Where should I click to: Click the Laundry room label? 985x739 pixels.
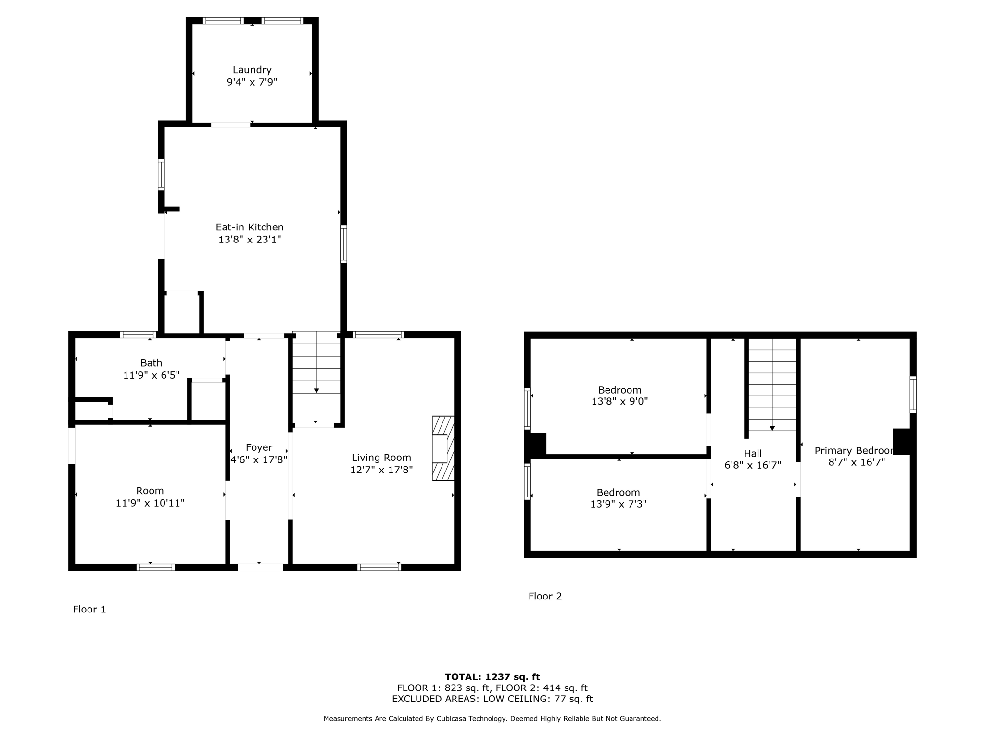(252, 70)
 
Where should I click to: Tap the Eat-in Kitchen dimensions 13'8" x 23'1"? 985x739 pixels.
(250, 239)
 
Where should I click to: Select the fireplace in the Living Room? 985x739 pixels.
(443, 448)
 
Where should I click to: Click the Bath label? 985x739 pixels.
(151, 363)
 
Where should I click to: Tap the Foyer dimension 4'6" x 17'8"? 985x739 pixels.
(259, 459)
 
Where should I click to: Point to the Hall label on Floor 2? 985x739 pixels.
(753, 453)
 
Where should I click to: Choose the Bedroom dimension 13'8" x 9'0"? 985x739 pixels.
(619, 401)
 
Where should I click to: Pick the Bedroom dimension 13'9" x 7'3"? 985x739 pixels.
(618, 504)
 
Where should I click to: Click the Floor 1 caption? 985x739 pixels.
(89, 610)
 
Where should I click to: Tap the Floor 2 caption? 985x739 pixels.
(545, 596)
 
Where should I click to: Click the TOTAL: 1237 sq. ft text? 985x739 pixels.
(492, 677)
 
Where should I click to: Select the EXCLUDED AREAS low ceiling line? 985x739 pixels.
(492, 699)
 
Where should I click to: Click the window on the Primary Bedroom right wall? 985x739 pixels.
(913, 395)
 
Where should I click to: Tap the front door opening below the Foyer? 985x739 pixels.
(260, 567)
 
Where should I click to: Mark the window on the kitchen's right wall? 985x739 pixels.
(343, 244)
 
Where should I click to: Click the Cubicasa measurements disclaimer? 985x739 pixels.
(492, 719)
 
